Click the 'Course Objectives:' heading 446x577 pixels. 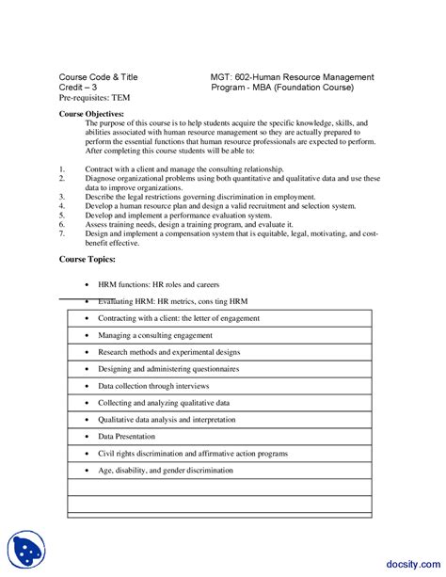point(91,113)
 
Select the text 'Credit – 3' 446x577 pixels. point(78,87)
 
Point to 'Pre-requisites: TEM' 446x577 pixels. point(95,97)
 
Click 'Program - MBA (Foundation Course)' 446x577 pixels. point(282,87)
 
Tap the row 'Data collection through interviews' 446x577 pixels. point(153,386)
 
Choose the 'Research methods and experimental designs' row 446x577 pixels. point(169,352)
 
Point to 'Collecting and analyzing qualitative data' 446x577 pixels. point(165,403)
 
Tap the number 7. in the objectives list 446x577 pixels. point(62,234)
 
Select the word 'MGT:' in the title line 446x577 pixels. point(223,76)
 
